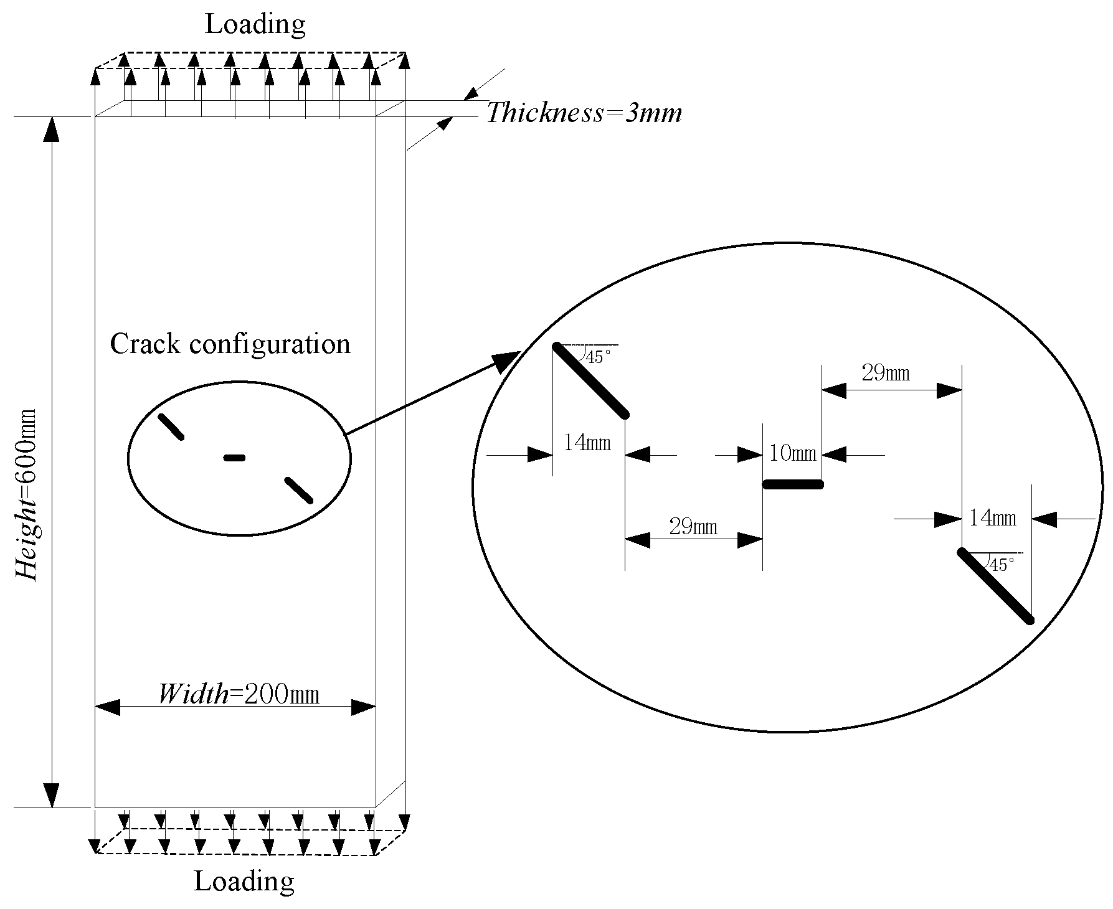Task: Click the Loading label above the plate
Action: tap(255, 24)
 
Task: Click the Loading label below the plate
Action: tap(244, 882)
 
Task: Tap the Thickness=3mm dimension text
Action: tap(584, 113)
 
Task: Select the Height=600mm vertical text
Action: tap(27, 494)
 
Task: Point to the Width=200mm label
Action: tap(238, 694)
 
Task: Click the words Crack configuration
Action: tap(230, 344)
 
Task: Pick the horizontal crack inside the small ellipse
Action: tap(234, 458)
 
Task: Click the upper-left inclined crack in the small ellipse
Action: tap(171, 426)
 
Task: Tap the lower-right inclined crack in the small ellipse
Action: tap(298, 490)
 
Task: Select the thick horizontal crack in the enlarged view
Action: tap(793, 484)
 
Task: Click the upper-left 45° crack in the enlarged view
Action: tap(590, 380)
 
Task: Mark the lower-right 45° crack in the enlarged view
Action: tap(995, 585)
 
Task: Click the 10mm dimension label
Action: tap(792, 453)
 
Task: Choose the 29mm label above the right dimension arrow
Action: tap(885, 374)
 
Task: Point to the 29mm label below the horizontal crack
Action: tap(693, 527)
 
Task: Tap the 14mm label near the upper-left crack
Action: tap(587, 443)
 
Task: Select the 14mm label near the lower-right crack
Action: tap(993, 517)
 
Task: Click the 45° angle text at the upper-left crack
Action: tap(594, 357)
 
